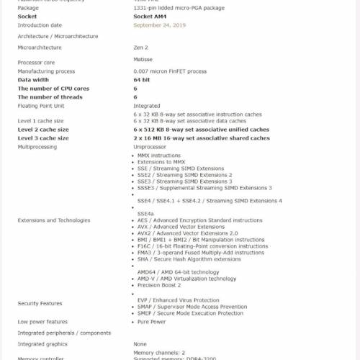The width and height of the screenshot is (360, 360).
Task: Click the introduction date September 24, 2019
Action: coord(159,25)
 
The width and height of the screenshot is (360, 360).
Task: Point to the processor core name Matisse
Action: coord(143,60)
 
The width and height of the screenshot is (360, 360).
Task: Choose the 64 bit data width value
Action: coord(142,80)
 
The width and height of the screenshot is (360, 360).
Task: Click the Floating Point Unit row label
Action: coord(42,105)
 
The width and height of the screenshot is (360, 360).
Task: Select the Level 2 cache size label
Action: coord(43,130)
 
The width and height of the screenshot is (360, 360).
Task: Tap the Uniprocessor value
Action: coord(149,147)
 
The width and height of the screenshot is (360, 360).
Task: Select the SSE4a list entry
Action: coord(145,214)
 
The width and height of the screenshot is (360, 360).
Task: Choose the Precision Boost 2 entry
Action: coord(159,285)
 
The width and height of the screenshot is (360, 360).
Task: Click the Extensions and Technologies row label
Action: coord(54,220)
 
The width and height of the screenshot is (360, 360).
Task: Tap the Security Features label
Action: coord(40,304)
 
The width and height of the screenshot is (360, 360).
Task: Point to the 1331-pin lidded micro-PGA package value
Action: coord(179,8)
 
